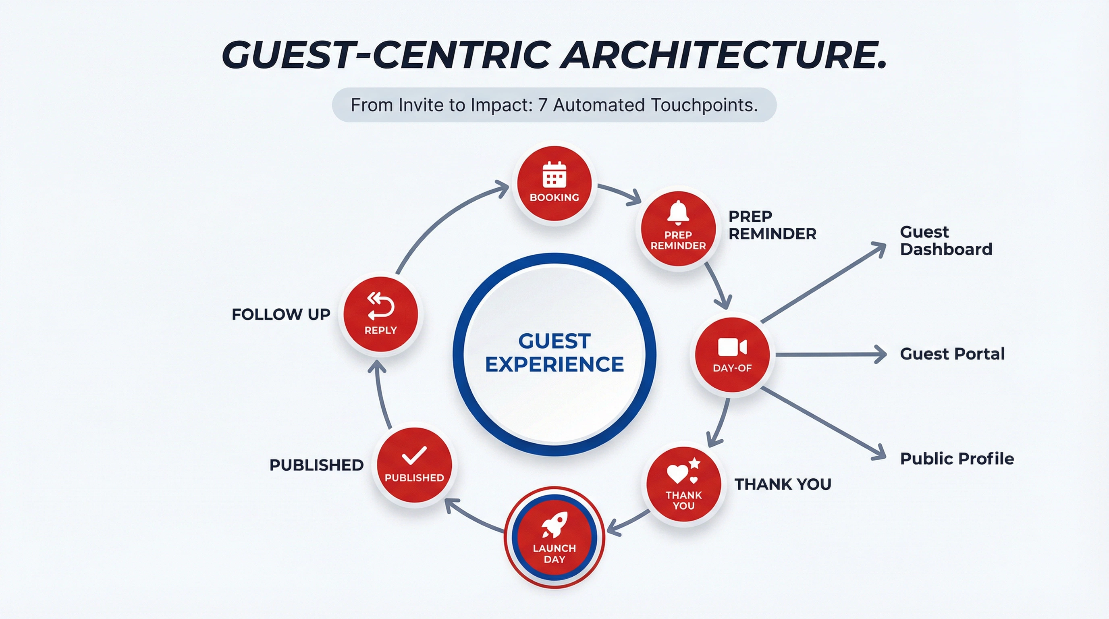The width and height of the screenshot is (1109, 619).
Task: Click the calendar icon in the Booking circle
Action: click(554, 174)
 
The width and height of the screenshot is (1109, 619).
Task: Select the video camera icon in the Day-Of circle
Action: click(732, 347)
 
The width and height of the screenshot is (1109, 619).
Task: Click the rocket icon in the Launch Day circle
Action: click(555, 525)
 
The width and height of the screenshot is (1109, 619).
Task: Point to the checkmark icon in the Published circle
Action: click(414, 455)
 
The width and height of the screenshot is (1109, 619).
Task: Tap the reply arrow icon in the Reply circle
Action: click(380, 306)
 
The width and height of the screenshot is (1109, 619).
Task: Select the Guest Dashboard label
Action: click(945, 241)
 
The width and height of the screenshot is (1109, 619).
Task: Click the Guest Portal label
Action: click(952, 354)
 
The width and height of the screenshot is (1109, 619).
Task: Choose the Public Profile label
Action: click(957, 459)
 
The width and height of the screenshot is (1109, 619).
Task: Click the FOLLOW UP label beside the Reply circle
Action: click(281, 314)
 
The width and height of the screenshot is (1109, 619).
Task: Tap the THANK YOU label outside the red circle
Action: click(782, 484)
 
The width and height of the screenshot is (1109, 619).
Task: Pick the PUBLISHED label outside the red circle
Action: click(316, 465)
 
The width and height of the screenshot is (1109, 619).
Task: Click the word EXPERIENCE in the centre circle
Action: click(554, 364)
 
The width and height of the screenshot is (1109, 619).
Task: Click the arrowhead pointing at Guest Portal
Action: click(881, 355)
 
